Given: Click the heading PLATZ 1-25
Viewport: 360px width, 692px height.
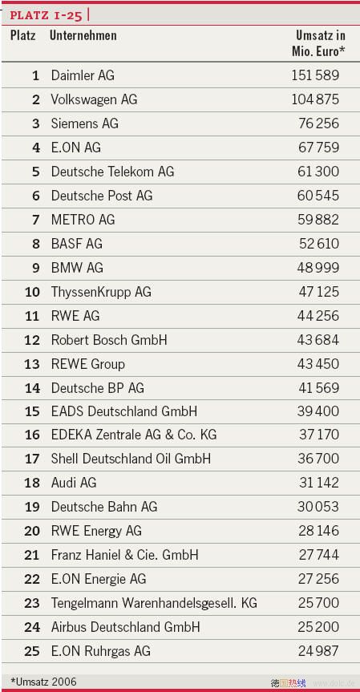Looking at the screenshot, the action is (46, 15).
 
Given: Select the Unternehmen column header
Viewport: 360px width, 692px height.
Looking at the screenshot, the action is (83, 35).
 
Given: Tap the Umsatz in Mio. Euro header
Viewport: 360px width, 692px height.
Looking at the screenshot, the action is (318, 43).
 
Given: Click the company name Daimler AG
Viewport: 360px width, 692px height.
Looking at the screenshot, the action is (83, 75).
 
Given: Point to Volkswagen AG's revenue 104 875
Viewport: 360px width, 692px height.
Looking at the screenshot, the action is (315, 99).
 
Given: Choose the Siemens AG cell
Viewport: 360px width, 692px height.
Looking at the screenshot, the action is (85, 123).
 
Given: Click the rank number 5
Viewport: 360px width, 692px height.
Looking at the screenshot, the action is (36, 172).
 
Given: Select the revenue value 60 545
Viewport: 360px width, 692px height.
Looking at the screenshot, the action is (318, 196).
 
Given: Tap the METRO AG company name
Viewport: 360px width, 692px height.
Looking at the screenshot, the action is (83, 220).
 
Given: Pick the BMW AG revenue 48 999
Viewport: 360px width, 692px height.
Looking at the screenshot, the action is (318, 268).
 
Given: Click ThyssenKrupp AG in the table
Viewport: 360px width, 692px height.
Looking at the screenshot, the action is (101, 292).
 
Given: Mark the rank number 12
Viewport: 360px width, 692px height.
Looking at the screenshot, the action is (32, 340).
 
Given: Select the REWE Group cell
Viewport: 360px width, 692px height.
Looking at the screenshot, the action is (87, 364).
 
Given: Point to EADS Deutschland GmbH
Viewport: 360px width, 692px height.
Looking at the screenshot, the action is (124, 411).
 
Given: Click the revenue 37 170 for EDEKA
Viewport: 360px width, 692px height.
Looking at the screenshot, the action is (319, 435).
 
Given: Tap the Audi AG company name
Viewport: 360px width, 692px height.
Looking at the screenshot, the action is (74, 483).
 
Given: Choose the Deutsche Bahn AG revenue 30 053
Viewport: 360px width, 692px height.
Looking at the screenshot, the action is (318, 507).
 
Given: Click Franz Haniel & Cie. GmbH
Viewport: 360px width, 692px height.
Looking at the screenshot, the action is (125, 555).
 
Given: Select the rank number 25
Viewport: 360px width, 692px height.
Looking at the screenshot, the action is (32, 651).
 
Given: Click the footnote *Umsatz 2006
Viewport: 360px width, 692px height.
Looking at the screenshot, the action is (43, 682).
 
